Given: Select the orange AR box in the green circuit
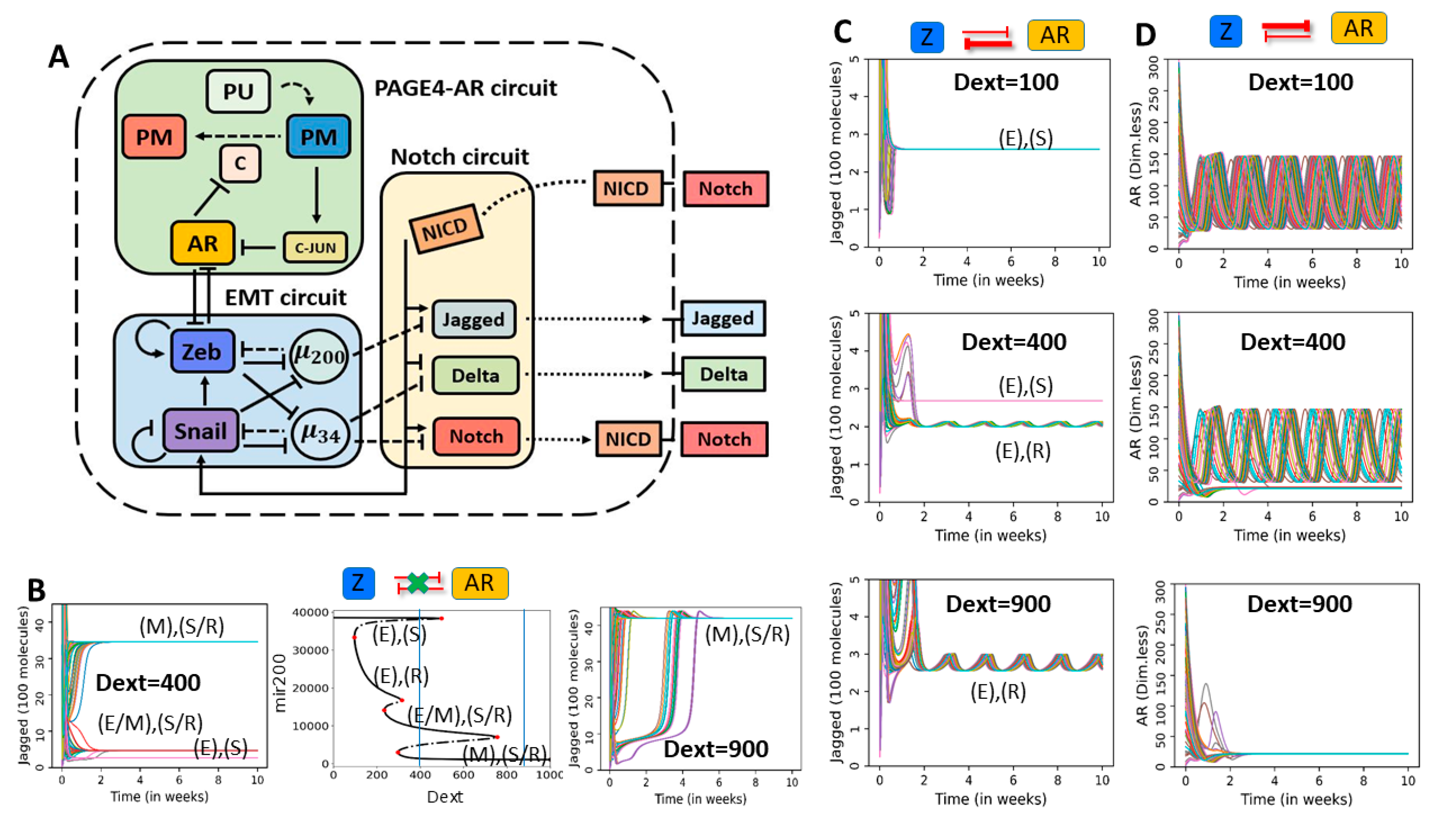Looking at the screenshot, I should point(202,243).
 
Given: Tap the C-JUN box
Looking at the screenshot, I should point(315,247).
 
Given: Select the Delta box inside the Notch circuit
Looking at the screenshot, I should point(475,375).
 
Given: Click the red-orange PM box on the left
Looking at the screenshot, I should point(154,137).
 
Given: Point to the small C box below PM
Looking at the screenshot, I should point(240,163).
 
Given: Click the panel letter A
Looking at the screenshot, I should point(59,57).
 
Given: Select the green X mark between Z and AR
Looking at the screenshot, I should point(417,583).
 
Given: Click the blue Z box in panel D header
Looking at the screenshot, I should point(1226,31).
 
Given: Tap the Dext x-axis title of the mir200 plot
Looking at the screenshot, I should point(445,797).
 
